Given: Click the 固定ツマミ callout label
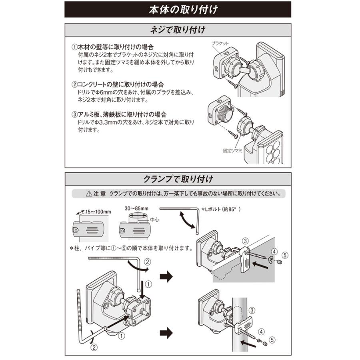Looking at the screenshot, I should coord(234,151).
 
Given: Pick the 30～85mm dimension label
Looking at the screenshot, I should coord(136,209).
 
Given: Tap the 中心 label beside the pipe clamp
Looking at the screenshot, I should coord(154,220).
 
